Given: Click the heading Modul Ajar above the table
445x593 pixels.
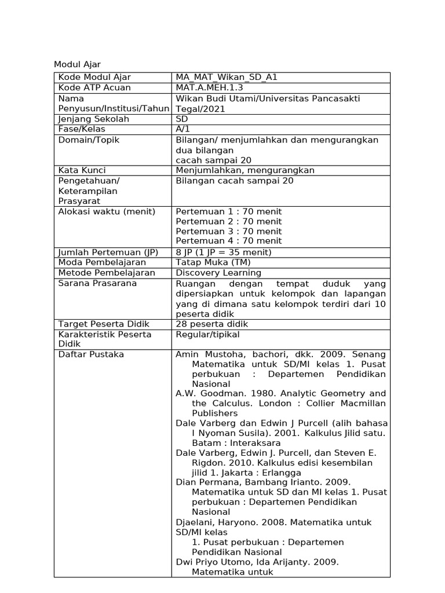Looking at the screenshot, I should pos(77,64).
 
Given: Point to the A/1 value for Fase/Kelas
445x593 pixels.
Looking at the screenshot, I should pos(183,129).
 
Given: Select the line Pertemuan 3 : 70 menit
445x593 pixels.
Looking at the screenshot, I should pos(229,231).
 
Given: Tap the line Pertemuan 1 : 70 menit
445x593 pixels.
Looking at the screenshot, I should pos(229,211).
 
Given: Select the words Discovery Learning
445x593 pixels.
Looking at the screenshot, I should pos(218,273).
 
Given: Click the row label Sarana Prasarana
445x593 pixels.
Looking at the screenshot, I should pos(97,283).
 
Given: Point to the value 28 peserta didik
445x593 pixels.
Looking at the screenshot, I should pos(212,324).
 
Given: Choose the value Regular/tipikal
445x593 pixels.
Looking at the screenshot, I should pos(207,335).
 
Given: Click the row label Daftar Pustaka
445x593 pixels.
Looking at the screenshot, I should pos(91,354).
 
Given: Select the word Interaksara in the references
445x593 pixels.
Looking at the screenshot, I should pos(249,442).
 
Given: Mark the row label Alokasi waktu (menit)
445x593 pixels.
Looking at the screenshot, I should pos(107,211).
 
